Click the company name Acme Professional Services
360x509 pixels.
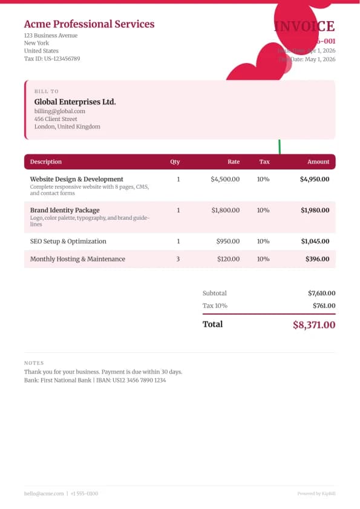(89, 24)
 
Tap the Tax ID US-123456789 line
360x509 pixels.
(52, 59)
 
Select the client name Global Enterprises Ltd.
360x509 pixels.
(75, 102)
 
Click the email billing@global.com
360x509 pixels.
(59, 111)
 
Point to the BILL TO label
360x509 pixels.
(47, 91)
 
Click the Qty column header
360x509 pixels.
(175, 162)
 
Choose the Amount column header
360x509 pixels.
(318, 162)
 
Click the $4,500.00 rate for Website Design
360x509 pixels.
(225, 179)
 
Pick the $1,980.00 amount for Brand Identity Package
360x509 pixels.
(315, 210)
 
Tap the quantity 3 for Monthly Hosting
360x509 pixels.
(178, 258)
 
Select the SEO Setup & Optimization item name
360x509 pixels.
(68, 241)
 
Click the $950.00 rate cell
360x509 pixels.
(228, 241)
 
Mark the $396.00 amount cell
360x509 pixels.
(318, 258)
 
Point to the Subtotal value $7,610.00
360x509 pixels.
(321, 293)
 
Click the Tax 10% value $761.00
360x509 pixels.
(324, 306)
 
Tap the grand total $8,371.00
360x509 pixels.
(314, 324)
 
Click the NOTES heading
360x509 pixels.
(34, 363)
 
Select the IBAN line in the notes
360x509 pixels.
(95, 380)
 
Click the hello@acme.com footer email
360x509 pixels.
(44, 493)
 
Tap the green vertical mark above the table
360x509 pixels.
(280, 146)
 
